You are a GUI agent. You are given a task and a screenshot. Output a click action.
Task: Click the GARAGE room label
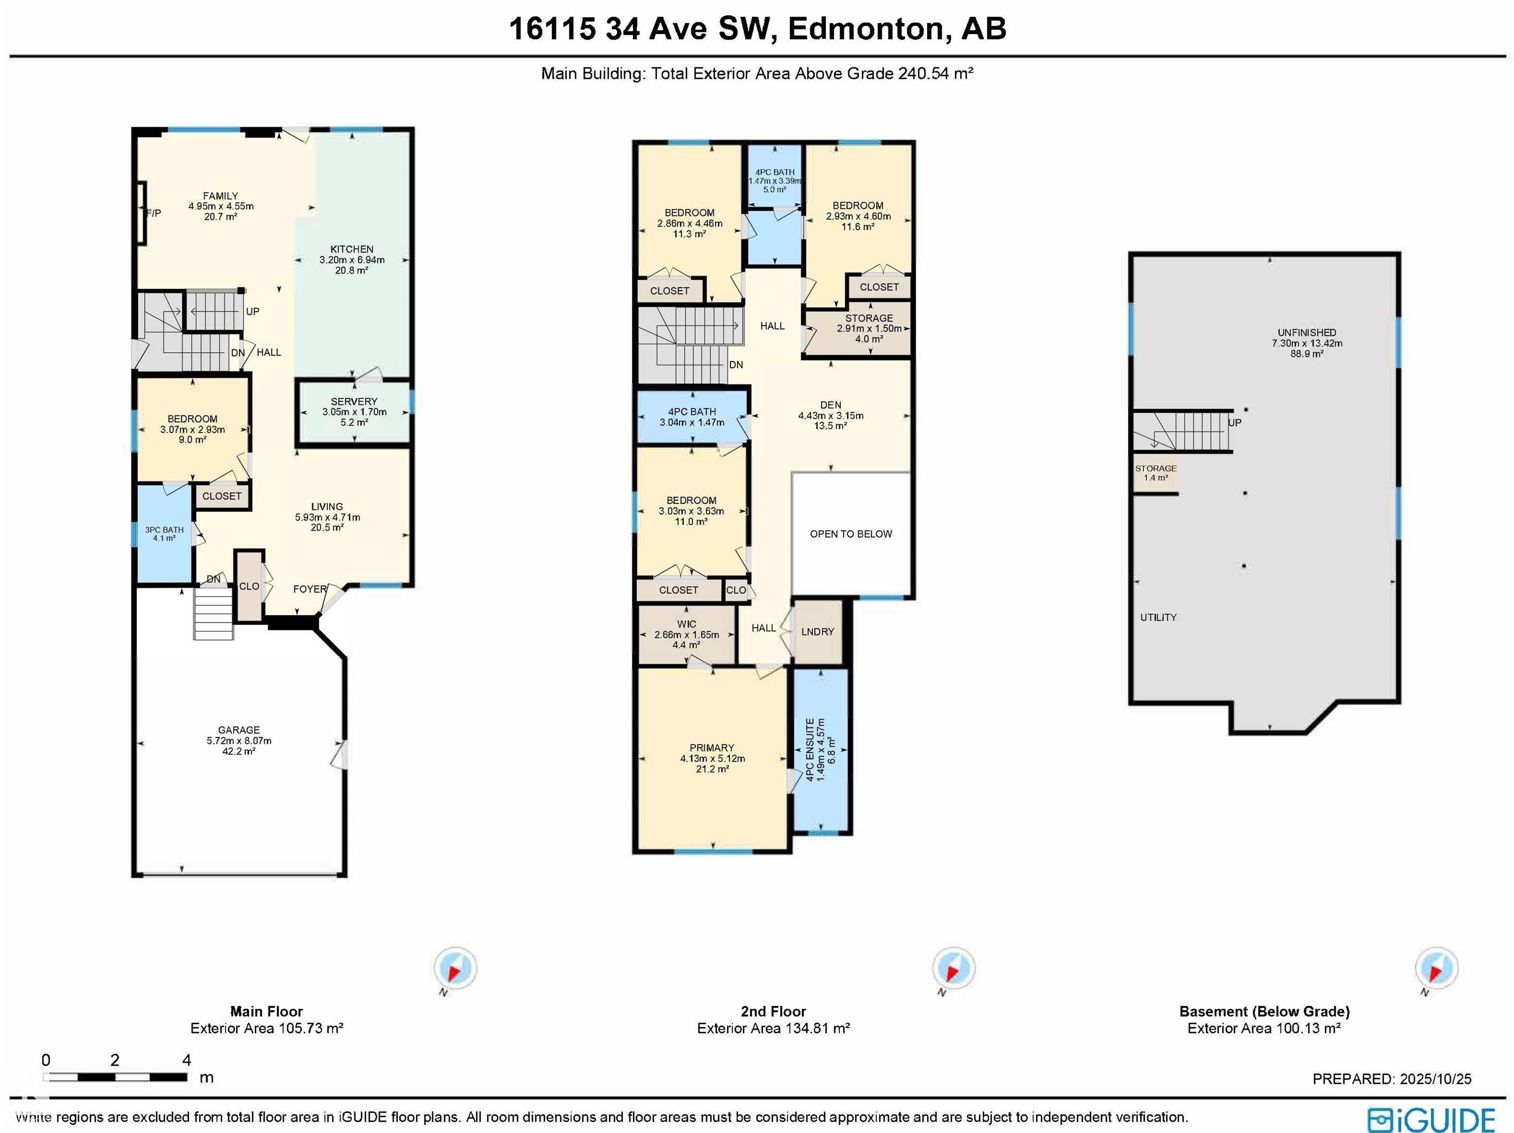(239, 730)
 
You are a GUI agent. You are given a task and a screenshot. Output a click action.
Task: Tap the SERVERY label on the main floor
(354, 401)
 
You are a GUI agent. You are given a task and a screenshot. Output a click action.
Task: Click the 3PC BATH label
(164, 530)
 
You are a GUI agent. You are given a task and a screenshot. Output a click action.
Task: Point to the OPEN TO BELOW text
(851, 533)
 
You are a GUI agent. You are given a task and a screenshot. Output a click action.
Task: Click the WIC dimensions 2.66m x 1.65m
(687, 635)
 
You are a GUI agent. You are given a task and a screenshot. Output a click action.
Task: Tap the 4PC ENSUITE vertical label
(810, 750)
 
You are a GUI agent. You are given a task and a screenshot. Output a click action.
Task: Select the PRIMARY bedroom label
(712, 748)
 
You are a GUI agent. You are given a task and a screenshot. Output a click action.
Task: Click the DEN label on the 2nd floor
(830, 405)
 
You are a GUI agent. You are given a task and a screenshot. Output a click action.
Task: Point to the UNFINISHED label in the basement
(1307, 333)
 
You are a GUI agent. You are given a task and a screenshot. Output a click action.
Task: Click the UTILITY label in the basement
(1158, 617)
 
